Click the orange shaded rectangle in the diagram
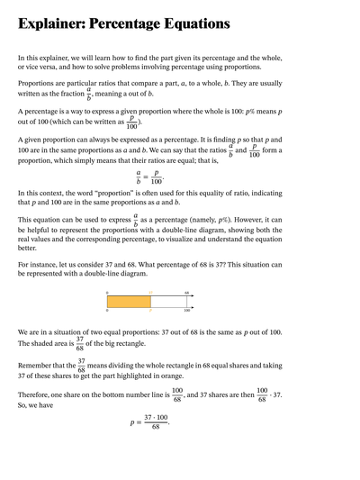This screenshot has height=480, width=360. click(x=129, y=302)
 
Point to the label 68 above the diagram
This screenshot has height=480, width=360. click(x=187, y=292)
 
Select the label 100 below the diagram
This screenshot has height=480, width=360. click(x=187, y=312)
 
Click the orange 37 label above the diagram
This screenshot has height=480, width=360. click(x=150, y=292)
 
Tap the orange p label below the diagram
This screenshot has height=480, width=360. click(x=150, y=312)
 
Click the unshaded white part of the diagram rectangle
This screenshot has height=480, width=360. click(x=168, y=302)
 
